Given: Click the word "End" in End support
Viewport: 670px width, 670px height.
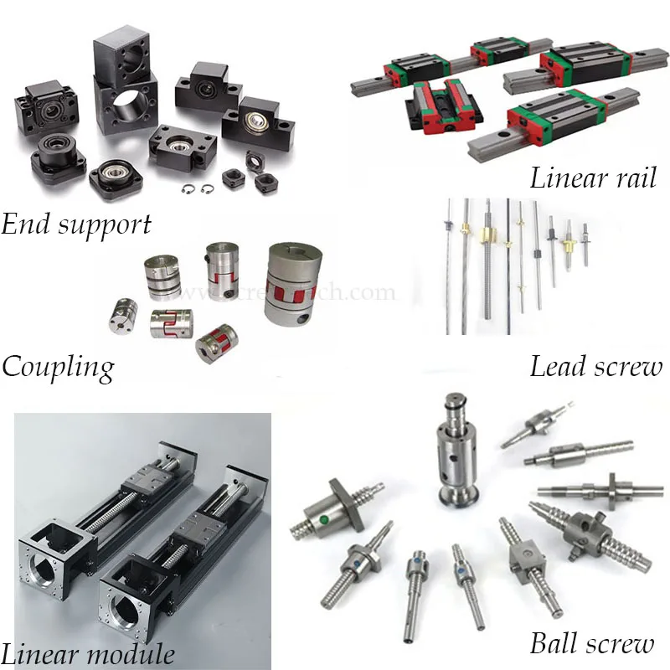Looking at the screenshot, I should pos(26,224).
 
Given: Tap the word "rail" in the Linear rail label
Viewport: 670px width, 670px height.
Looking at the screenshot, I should pos(630,178).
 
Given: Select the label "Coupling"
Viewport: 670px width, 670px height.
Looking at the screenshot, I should pos(58,366).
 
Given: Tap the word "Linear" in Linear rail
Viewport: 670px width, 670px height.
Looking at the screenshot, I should pos(564,178).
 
